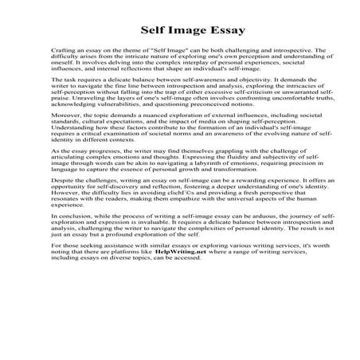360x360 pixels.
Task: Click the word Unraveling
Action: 80,120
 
